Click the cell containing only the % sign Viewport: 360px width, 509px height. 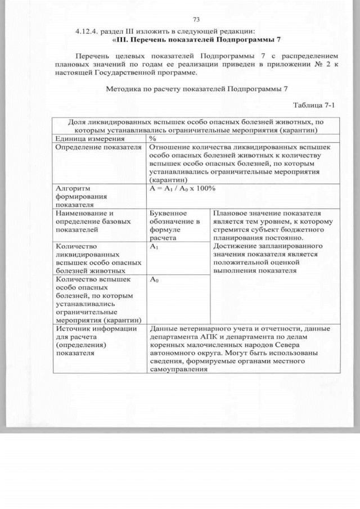click(152, 138)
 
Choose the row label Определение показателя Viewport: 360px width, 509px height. click(97, 147)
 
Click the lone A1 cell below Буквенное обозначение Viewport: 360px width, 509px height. click(154, 247)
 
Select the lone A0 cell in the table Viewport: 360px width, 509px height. click(154, 280)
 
